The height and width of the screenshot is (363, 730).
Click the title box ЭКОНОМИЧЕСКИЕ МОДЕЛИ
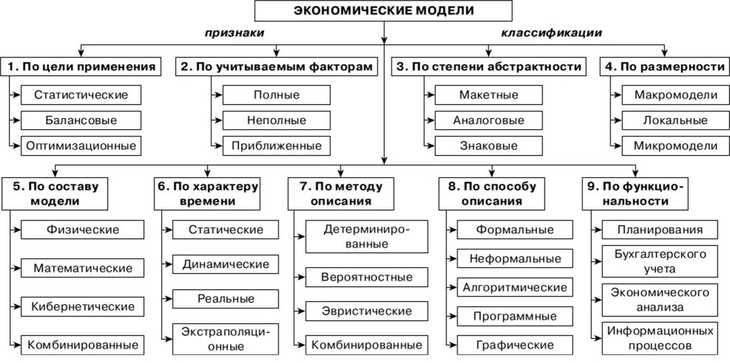383,11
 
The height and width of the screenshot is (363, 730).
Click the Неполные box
276,120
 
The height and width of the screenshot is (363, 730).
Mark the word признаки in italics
234,33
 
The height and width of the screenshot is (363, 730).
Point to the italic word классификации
551,33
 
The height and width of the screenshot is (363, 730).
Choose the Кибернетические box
82,306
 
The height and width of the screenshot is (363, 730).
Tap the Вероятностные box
366,278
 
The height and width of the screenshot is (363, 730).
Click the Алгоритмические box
514,287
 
